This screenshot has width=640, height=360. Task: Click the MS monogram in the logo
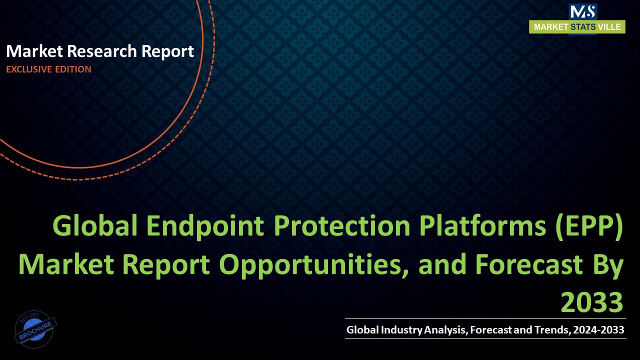click(582, 11)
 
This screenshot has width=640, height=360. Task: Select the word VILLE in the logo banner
click(609, 27)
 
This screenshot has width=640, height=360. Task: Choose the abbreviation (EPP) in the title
click(590, 227)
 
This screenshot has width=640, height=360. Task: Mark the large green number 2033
click(592, 302)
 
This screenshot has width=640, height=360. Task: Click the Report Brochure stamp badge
click(35, 329)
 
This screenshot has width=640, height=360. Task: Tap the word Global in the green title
click(95, 227)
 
